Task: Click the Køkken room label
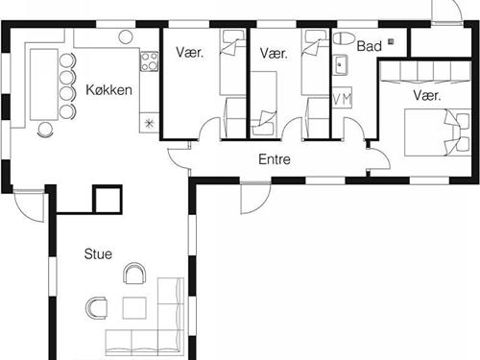pos(108,90)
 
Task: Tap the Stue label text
pos(98,254)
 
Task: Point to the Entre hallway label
pos(275,159)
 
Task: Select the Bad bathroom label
pos(370,46)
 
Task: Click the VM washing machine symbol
pos(342,98)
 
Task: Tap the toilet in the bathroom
pos(344,38)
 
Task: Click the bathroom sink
pos(340,65)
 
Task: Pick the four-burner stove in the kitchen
pos(150,61)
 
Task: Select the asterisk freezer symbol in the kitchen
pos(149,123)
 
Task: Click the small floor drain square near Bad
pos(391,41)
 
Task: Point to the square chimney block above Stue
pos(108,199)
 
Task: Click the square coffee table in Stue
pos(134,308)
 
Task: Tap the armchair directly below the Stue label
pos(134,274)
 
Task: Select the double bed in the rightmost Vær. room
pos(438,132)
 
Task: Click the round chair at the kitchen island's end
pos(45,130)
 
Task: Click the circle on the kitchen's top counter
pos(126,36)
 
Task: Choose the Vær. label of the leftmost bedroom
pos(190,53)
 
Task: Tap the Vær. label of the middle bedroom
pos(274,53)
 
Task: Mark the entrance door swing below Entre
pos(255,199)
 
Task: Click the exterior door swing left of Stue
pos(29,206)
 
